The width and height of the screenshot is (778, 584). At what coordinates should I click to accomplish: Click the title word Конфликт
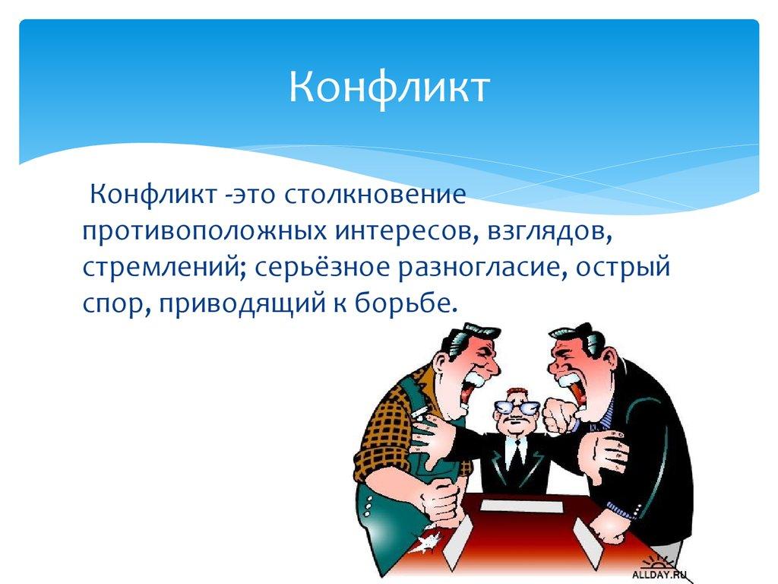388,87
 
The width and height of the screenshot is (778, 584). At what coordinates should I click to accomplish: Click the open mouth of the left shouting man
476,378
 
